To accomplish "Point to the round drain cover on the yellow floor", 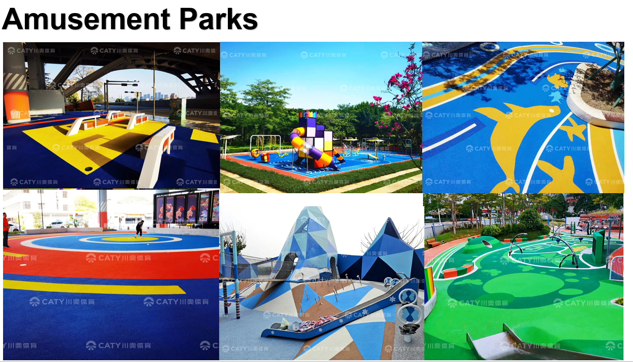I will coord(89,168).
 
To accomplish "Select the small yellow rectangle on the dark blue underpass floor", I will coord(203,136).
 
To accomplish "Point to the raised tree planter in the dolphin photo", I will coord(595,94).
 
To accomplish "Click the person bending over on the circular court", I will coord(139,228).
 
